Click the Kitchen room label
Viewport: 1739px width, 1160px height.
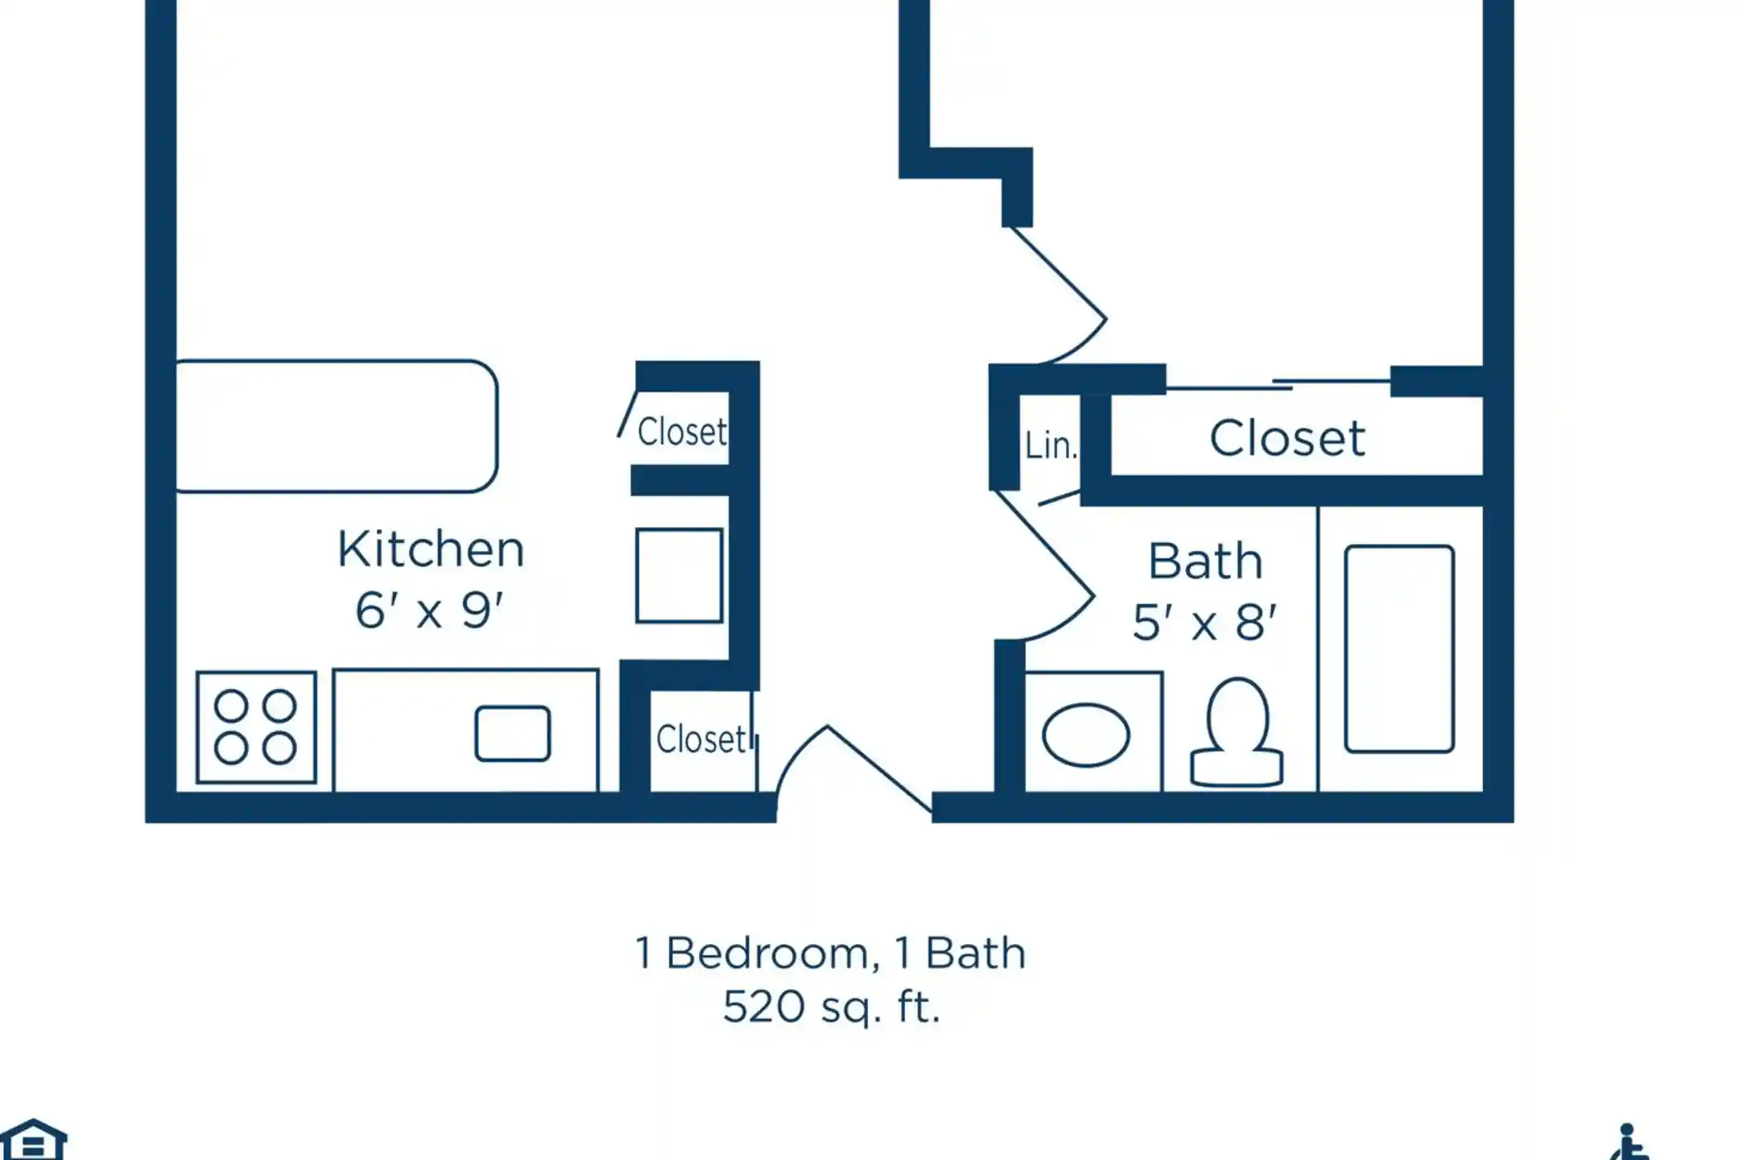tap(431, 549)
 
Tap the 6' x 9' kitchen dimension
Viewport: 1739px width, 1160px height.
tap(429, 610)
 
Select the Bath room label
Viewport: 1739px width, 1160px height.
tap(1205, 561)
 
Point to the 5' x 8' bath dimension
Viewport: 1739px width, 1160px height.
tap(1204, 622)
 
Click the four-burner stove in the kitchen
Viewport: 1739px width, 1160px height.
tap(256, 727)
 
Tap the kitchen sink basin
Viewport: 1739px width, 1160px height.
tap(513, 734)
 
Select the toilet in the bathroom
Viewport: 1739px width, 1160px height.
tap(1237, 732)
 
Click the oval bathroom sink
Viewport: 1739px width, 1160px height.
tap(1086, 735)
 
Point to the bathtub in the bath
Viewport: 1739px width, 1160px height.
tap(1399, 649)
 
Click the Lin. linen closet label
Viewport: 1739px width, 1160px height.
tap(1051, 445)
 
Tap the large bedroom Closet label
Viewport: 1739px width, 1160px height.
tap(1287, 439)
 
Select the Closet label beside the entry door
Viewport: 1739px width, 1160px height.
tap(701, 739)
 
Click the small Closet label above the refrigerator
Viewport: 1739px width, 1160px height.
tap(682, 432)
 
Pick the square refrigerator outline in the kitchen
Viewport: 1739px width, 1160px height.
tap(679, 575)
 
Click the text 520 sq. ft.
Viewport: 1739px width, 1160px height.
tap(832, 1007)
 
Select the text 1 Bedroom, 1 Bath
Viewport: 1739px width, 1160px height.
tap(831, 953)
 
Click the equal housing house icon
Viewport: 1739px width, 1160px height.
tap(33, 1140)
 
